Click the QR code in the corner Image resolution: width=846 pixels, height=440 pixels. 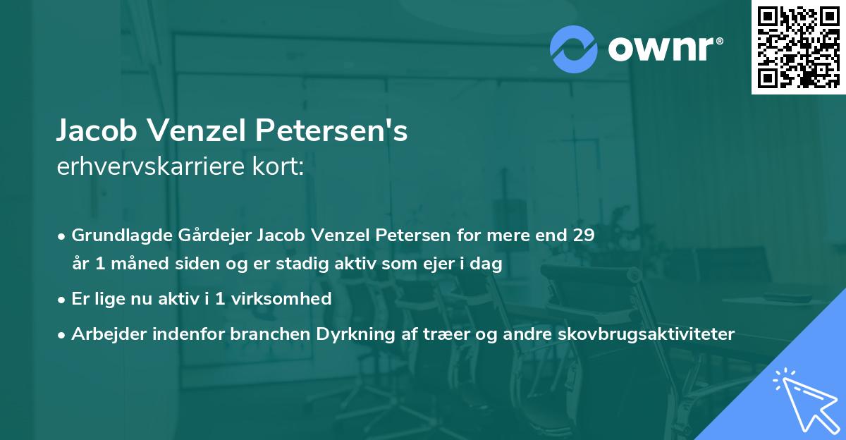click(798, 47)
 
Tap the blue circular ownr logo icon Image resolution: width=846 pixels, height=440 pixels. click(575, 49)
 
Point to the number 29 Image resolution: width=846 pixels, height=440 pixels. click(582, 235)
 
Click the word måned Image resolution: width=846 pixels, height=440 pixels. click(131, 264)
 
